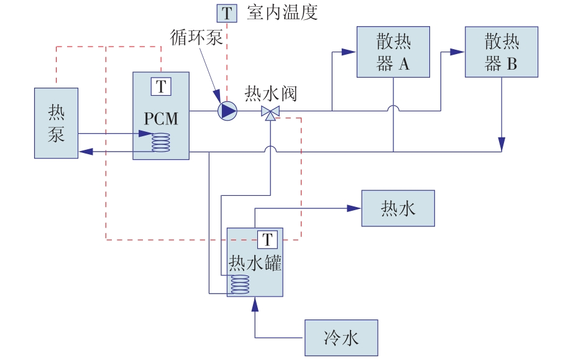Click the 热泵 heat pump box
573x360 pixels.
(56, 122)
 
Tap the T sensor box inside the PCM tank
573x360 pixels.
(161, 86)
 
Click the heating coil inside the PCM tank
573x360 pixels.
(162, 142)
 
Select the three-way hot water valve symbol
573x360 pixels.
(270, 112)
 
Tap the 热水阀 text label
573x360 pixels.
(271, 94)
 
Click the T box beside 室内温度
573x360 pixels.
(227, 13)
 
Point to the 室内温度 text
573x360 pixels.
(282, 13)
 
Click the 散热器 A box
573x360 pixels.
(393, 52)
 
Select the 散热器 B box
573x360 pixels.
(501, 52)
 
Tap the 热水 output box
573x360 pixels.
(398, 209)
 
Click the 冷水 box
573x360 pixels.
(341, 338)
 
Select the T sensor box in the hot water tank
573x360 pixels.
(267, 239)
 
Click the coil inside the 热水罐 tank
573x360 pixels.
(239, 285)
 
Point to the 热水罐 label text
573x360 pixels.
(255, 263)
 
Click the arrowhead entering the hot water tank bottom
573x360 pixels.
(254, 303)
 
